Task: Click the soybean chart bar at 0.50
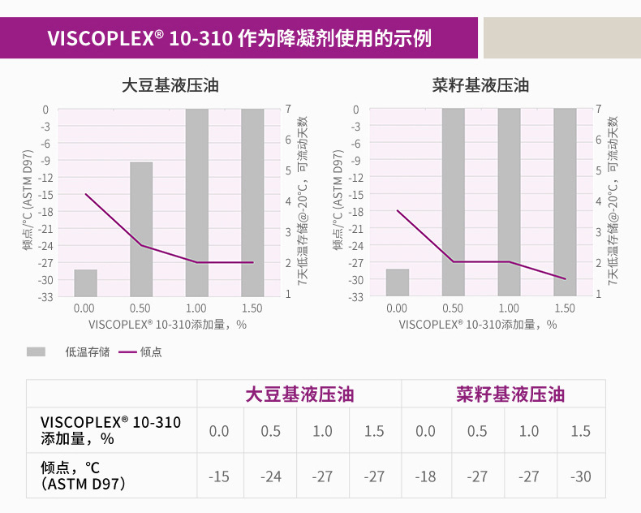click(141, 229)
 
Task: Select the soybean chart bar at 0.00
click(85, 283)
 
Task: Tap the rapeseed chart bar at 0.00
click(397, 282)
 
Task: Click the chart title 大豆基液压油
click(170, 84)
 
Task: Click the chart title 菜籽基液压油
click(481, 84)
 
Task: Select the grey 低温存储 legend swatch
click(37, 351)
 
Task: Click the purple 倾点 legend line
click(127, 351)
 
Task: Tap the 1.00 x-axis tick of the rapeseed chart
click(509, 308)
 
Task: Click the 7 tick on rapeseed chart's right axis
click(598, 109)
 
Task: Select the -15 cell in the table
click(219, 476)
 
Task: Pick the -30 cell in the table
click(580, 476)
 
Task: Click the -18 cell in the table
click(425, 476)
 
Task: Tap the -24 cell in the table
click(271, 476)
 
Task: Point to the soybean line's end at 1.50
click(252, 262)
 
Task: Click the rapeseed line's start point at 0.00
click(397, 210)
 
